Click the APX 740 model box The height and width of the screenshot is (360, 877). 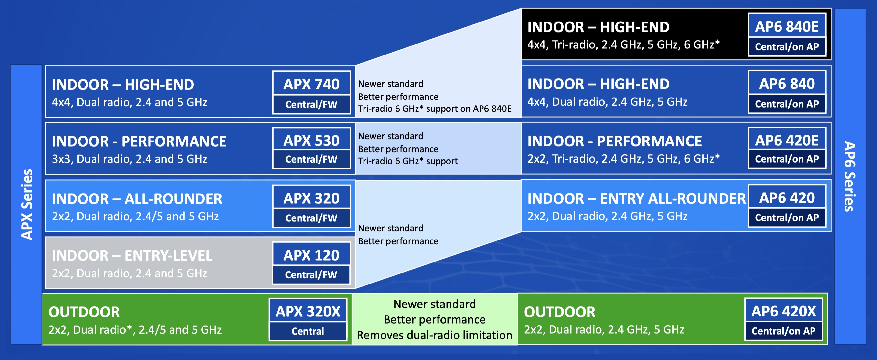coord(311,92)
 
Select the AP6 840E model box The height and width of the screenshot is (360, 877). coord(787,35)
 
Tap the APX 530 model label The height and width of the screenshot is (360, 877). coord(311,141)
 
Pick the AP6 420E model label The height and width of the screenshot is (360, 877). coord(787,140)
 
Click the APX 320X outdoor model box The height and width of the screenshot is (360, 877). coord(308,319)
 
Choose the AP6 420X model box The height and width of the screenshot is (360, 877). coord(784,319)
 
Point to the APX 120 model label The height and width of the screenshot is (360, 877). coord(311,255)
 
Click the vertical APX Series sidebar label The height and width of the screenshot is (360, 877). coord(27,204)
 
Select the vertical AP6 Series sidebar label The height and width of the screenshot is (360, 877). coord(850,176)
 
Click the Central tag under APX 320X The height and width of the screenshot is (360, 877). coord(308,331)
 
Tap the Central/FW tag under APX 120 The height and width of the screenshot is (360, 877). coord(311,274)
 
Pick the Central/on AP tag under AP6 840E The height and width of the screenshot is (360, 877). coord(787,47)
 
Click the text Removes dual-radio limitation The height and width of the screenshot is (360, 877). coord(434,335)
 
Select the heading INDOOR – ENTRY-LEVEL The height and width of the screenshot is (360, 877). coord(132,255)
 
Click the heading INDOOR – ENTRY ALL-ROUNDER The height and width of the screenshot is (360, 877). coord(637,198)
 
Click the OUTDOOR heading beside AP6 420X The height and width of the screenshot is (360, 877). coord(560,312)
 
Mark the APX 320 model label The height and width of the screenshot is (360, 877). coord(311,198)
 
